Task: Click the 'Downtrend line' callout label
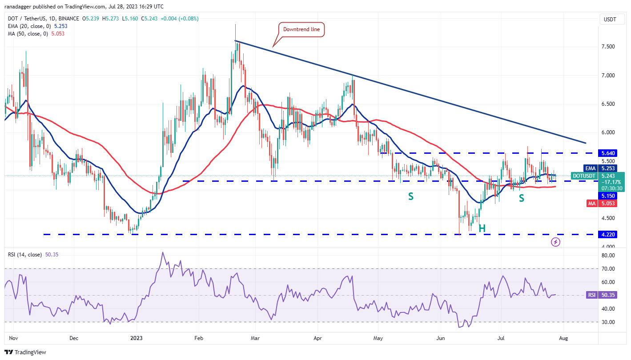301,30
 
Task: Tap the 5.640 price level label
607,153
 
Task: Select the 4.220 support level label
607,234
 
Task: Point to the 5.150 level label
607,196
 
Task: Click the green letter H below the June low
482,228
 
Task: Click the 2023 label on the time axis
134,338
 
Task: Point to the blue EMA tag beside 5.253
590,168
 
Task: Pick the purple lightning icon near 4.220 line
555,242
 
